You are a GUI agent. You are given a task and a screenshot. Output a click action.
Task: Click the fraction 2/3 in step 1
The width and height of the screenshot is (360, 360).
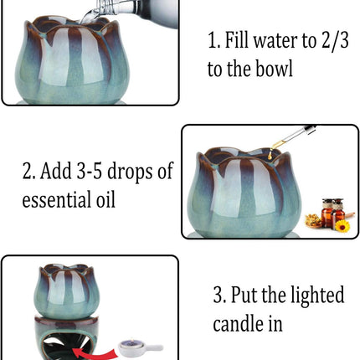[335, 40]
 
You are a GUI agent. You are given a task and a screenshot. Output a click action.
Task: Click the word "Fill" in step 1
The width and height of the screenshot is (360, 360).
[236, 39]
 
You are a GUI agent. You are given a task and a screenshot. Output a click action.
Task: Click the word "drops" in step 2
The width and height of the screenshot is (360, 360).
[130, 172]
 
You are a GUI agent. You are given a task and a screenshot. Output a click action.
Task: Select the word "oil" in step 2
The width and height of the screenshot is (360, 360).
[105, 199]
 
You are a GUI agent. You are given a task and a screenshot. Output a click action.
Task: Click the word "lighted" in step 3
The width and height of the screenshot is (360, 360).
[317, 296]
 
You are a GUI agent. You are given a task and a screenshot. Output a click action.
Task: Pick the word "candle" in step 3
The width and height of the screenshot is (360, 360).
[238, 324]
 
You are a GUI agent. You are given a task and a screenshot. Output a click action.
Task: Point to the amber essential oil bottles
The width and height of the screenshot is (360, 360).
[333, 213]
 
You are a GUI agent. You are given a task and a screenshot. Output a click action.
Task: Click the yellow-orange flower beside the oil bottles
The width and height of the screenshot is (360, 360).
[342, 226]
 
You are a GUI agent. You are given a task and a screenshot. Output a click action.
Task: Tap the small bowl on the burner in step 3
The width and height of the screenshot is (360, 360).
[66, 291]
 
